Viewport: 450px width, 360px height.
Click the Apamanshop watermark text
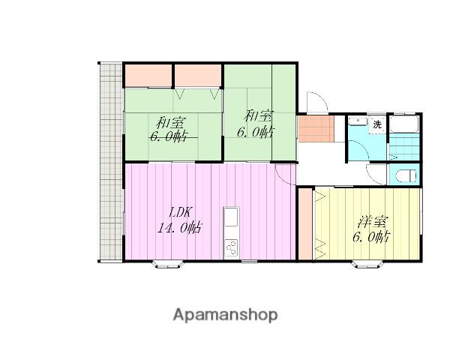[225, 315]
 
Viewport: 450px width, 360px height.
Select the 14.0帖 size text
[178, 228]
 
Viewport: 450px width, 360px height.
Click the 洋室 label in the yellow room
[372, 222]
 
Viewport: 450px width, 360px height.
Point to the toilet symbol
[406, 175]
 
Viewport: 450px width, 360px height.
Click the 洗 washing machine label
[377, 125]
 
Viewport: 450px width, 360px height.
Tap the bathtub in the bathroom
[404, 124]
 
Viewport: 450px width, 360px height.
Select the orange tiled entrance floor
[316, 128]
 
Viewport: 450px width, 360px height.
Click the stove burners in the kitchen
[231, 248]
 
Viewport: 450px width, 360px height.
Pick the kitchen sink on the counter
[231, 217]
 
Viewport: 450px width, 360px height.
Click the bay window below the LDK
[167, 264]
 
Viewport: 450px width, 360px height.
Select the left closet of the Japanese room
[148, 75]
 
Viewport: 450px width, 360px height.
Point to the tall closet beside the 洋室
[305, 224]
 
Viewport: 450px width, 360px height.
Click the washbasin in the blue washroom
[358, 121]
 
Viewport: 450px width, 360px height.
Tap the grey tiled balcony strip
[111, 162]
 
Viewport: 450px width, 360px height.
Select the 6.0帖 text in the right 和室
[255, 132]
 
